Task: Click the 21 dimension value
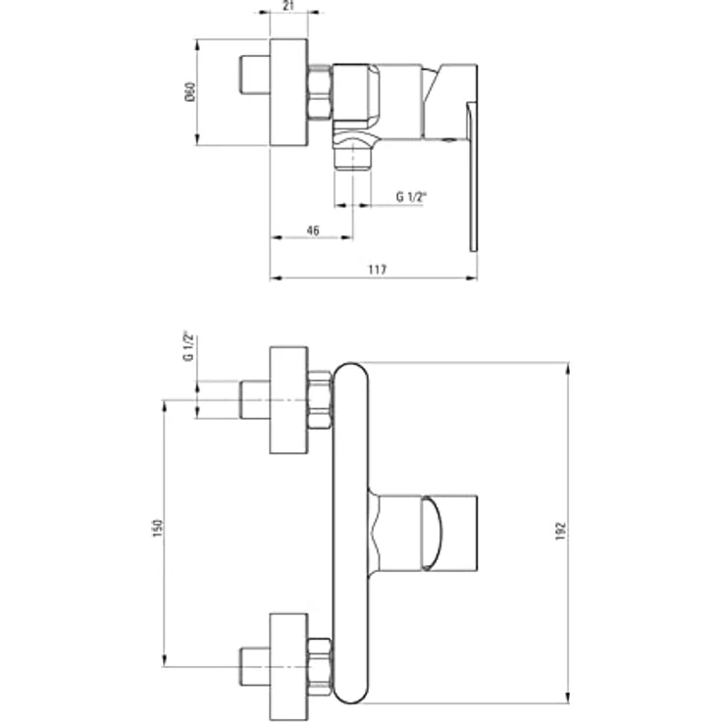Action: coord(288,7)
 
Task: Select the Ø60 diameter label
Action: coord(190,92)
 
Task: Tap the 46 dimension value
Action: coord(313,231)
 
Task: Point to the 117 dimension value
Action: coord(378,270)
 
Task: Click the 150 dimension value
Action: coord(158,528)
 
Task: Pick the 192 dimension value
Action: coord(560,532)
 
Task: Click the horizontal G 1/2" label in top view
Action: coord(411,197)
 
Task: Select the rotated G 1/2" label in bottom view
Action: coord(188,346)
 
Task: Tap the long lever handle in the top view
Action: coord(473,177)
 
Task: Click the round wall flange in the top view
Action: coord(288,92)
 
